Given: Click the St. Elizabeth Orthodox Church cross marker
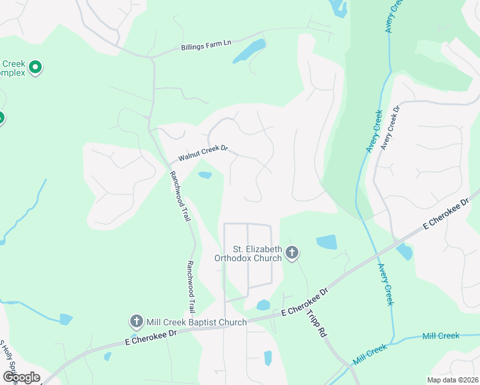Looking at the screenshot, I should (292, 252).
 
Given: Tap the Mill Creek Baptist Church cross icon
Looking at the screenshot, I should (136, 321).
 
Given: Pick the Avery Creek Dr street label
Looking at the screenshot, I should (390, 128).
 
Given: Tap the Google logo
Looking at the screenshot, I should (21, 377).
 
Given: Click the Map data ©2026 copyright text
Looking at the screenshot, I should (453, 380).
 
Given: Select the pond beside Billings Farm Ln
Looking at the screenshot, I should (250, 51).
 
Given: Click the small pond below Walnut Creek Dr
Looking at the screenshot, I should (205, 175).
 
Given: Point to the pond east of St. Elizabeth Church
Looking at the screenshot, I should (327, 242).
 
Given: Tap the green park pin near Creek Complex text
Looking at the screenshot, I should (36, 66).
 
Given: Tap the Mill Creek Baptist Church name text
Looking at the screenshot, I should (196, 321).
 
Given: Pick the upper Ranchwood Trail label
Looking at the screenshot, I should (180, 196).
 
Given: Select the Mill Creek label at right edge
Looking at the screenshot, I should (441, 336).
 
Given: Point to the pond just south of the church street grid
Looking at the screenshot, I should (263, 305).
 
